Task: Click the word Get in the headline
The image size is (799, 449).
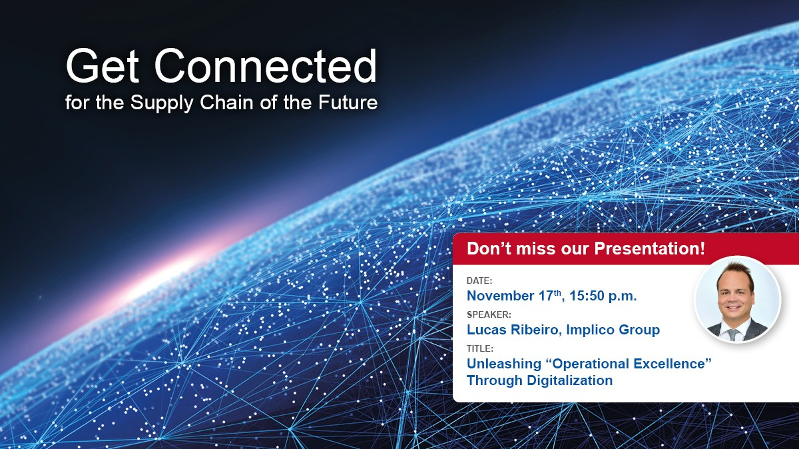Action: [103, 66]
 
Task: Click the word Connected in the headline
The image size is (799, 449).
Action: [266, 66]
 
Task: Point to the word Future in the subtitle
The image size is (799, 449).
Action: [348, 103]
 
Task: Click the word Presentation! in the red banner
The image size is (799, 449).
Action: [650, 248]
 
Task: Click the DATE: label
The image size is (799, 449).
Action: [479, 280]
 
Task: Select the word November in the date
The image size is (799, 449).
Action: [501, 296]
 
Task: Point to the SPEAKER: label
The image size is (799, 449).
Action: [489, 314]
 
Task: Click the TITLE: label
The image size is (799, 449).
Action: [480, 348]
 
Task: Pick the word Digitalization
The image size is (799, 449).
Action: [570, 380]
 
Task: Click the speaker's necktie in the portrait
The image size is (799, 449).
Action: [733, 334]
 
